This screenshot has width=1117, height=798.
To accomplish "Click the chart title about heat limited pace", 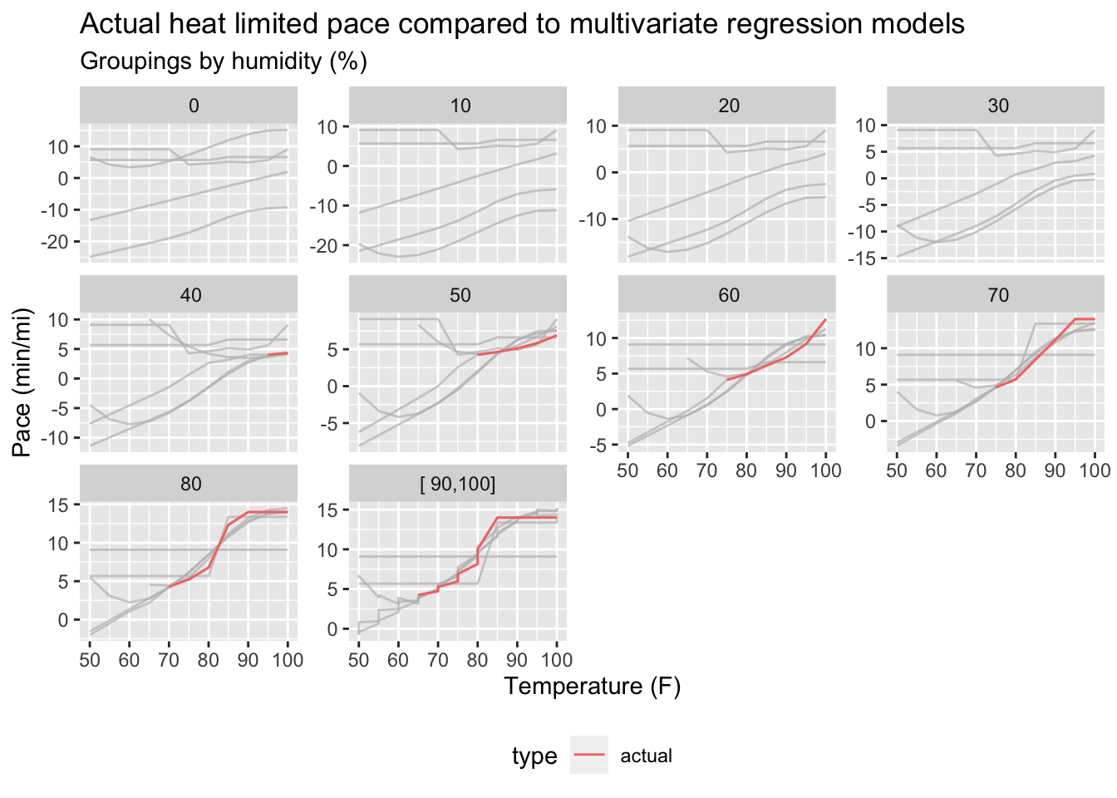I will coord(522,24).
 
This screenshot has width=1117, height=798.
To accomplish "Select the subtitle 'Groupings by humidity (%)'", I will coord(224,62).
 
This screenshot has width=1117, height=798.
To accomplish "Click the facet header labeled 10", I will coord(460,106).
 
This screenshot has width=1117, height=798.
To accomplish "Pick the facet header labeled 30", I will coord(998,106).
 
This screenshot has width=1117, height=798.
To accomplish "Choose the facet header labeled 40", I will coord(190,295).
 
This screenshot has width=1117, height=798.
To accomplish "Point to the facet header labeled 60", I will coord(729,295).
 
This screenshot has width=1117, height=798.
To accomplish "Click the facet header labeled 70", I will coord(998,295).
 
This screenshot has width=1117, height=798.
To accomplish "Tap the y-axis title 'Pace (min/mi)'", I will coord(22,382).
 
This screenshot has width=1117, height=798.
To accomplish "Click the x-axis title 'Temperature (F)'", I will coord(592,687).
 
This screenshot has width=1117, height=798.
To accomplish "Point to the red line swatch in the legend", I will coord(588,756).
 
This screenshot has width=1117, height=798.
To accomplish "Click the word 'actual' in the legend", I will coord(646,756).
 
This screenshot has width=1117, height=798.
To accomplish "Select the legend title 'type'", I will coord(534,756).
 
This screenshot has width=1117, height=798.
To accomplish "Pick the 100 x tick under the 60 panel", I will coord(825,470).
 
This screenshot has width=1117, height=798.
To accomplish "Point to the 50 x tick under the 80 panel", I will coord(90,660).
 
